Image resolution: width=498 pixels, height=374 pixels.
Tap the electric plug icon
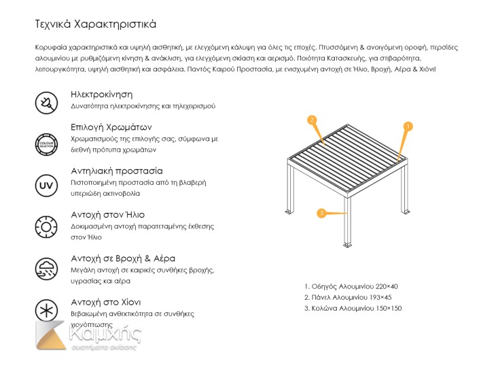click(x=46, y=103)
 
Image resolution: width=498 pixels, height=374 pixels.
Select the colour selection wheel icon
click(x=46, y=143)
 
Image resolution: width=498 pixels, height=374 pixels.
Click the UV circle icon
click(x=46, y=185)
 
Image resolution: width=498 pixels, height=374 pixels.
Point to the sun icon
click(x=46, y=226)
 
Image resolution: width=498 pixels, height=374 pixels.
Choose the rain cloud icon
click(x=46, y=267)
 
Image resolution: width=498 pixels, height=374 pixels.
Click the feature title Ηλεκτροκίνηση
click(x=101, y=94)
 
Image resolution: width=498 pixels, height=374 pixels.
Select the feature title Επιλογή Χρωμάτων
click(x=111, y=127)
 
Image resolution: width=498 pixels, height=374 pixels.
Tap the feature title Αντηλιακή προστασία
click(x=117, y=171)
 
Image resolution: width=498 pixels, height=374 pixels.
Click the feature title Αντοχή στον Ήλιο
click(x=107, y=215)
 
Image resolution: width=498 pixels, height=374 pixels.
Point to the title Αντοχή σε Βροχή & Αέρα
click(x=123, y=258)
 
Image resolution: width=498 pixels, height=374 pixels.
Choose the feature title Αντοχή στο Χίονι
click(x=106, y=302)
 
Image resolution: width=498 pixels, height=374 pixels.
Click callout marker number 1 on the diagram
click(x=408, y=126)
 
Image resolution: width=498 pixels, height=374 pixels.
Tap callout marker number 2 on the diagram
click(x=312, y=120)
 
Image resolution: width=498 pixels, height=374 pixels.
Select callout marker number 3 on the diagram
click(x=321, y=214)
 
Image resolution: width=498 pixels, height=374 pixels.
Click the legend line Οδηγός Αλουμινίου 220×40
click(x=351, y=286)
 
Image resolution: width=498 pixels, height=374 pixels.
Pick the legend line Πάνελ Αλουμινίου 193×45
click(x=348, y=297)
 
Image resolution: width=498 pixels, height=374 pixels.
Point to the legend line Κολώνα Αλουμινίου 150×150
click(x=353, y=308)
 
